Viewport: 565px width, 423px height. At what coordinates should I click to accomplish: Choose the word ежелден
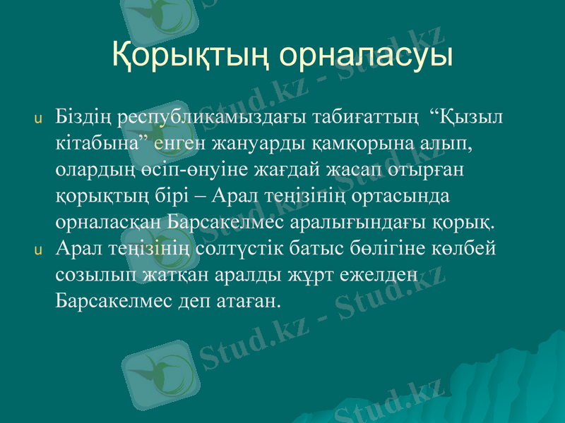tap(384, 275)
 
